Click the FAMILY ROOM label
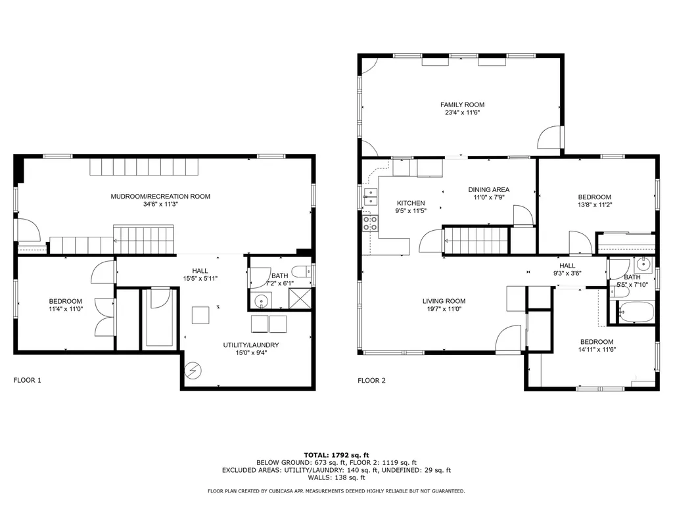pyautogui.click(x=462, y=105)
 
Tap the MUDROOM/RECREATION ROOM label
pyautogui.click(x=160, y=196)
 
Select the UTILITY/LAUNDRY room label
pyautogui.click(x=251, y=345)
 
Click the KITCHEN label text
pyautogui.click(x=411, y=203)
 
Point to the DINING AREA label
pyautogui.click(x=489, y=189)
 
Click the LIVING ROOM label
pyautogui.click(x=444, y=301)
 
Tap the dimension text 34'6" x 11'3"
pyautogui.click(x=160, y=204)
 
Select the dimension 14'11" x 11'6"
pyautogui.click(x=597, y=350)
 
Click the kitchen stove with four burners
pyautogui.click(x=371, y=224)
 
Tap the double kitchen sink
pyautogui.click(x=370, y=197)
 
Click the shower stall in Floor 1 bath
pyautogui.click(x=300, y=299)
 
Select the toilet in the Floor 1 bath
pyautogui.click(x=302, y=272)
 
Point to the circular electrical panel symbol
pyautogui.click(x=193, y=371)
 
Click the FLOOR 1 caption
pyautogui.click(x=28, y=380)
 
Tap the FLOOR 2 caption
pyautogui.click(x=372, y=381)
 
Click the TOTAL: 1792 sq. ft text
pyautogui.click(x=336, y=455)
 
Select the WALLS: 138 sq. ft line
pyautogui.click(x=336, y=477)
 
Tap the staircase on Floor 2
pyautogui.click(x=476, y=241)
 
